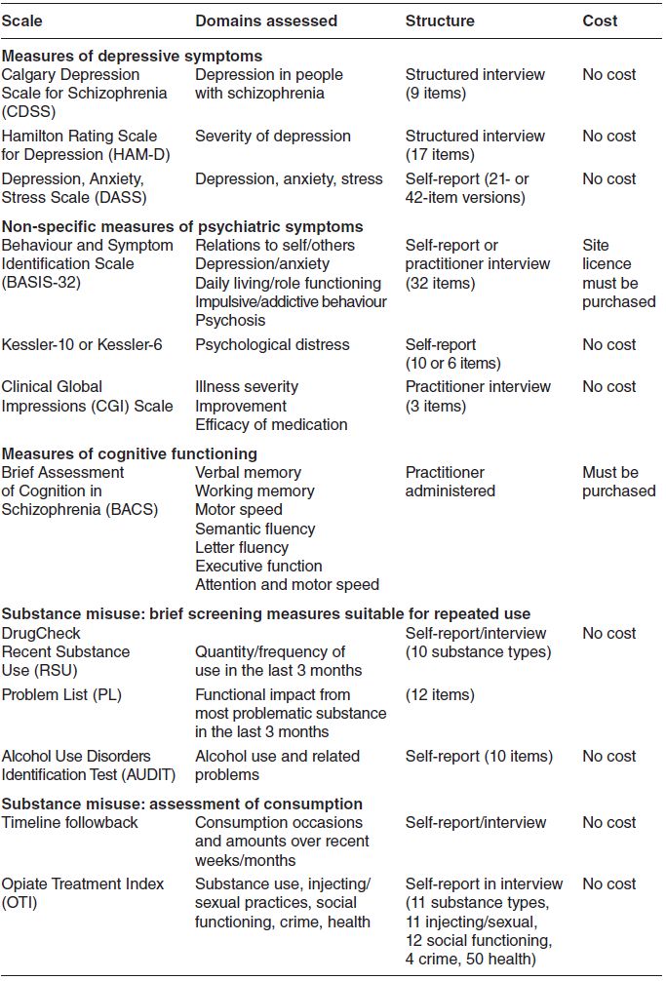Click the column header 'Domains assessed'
click(265, 20)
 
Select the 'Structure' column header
click(440, 20)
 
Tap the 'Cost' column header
click(600, 20)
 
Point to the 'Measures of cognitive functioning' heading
click(129, 453)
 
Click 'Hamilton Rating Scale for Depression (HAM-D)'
click(80, 145)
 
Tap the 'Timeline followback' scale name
click(70, 822)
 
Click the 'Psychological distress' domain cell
click(271, 344)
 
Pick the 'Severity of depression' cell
click(272, 136)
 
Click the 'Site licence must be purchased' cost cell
click(618, 274)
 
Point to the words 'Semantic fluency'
click(255, 529)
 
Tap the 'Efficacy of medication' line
click(271, 424)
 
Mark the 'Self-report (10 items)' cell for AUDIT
click(479, 756)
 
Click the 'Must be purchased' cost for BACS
click(618, 482)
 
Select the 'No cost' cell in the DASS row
click(608, 178)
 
